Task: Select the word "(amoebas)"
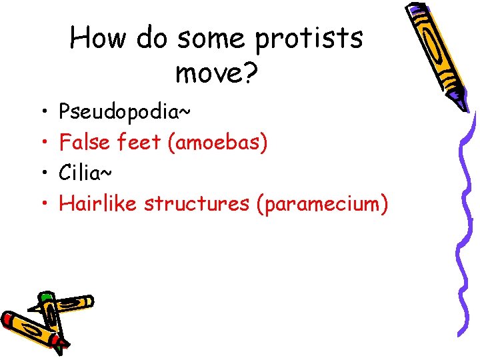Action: click(x=218, y=142)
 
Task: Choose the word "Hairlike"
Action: click(x=98, y=203)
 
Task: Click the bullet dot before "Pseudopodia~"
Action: click(x=41, y=111)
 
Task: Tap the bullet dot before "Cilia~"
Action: click(x=41, y=173)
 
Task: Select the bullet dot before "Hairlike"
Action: click(x=41, y=203)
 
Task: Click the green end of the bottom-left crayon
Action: click(x=45, y=296)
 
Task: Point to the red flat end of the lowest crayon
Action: click(x=6, y=320)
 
